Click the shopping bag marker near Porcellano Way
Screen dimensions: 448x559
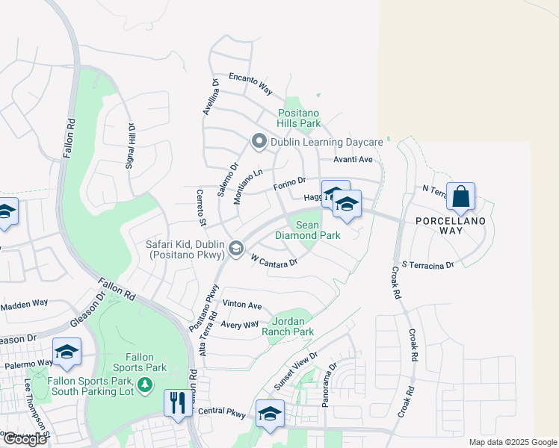coord(462,198)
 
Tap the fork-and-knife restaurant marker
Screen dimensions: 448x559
coord(177,403)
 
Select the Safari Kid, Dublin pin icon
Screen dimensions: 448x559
coord(236,249)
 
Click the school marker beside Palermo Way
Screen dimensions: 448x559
coord(67,352)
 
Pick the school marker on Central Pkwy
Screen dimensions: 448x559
coord(270,415)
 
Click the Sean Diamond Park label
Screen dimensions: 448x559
coord(307,230)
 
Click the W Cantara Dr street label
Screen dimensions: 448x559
coord(274,261)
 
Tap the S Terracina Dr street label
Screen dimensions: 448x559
coord(427,265)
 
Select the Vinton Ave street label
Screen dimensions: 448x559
coord(243,305)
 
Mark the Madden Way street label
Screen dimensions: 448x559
coord(24,305)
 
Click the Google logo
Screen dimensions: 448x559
coord(24,438)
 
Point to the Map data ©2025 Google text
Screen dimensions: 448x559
coord(512,442)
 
